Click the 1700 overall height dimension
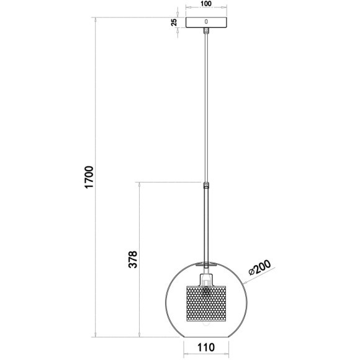click(x=89, y=177)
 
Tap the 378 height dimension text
click(x=133, y=259)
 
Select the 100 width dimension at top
click(x=205, y=4)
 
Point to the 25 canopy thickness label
click(x=174, y=22)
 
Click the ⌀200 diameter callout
click(x=260, y=268)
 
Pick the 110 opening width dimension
click(x=206, y=348)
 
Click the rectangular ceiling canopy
click(x=206, y=22)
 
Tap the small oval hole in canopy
click(x=206, y=22)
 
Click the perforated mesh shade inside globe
click(x=206, y=304)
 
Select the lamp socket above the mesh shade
click(x=206, y=280)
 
